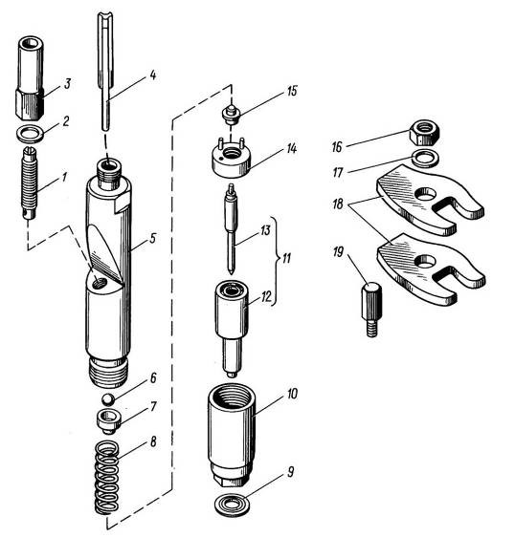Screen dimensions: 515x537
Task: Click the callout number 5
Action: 153,238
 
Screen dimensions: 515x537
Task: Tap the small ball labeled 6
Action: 108,399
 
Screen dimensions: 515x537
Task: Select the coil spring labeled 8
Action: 107,478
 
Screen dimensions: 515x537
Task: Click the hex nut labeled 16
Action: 424,133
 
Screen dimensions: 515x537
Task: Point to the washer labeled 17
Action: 426,159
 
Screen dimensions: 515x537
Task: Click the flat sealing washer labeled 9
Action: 232,505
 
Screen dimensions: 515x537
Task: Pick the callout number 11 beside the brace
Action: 286,258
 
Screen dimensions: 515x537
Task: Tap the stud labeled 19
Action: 372,310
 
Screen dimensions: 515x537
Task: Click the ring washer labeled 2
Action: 31,134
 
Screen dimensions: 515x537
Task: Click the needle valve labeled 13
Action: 232,228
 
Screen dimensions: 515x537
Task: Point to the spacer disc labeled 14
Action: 231,157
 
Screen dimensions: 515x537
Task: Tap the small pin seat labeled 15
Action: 232,115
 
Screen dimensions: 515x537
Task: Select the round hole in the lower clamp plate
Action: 425,261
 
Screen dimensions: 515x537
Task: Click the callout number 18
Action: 338,204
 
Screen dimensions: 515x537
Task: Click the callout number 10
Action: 292,394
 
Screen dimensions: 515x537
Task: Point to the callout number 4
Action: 153,75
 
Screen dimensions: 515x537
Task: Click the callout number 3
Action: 68,83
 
